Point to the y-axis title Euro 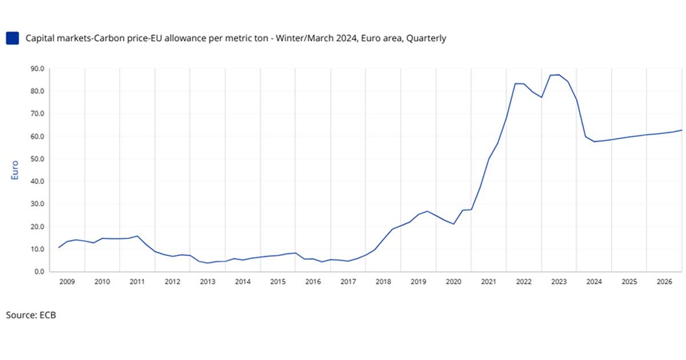[x=15, y=170]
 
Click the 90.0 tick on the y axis [x=38, y=69]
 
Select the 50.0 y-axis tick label [x=38, y=159]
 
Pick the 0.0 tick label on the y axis [x=39, y=272]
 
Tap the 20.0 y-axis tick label [x=38, y=227]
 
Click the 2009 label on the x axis [x=67, y=282]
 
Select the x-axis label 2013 [x=208, y=282]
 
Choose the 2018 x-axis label [x=383, y=282]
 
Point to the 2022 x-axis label [x=524, y=282]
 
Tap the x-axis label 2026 [x=664, y=282]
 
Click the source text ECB [x=47, y=315]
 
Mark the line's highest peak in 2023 [x=559, y=75]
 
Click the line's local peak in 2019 [x=427, y=211]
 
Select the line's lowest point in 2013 [x=208, y=263]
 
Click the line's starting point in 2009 [x=59, y=247]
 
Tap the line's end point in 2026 [x=681, y=130]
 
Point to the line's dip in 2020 [x=453, y=224]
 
